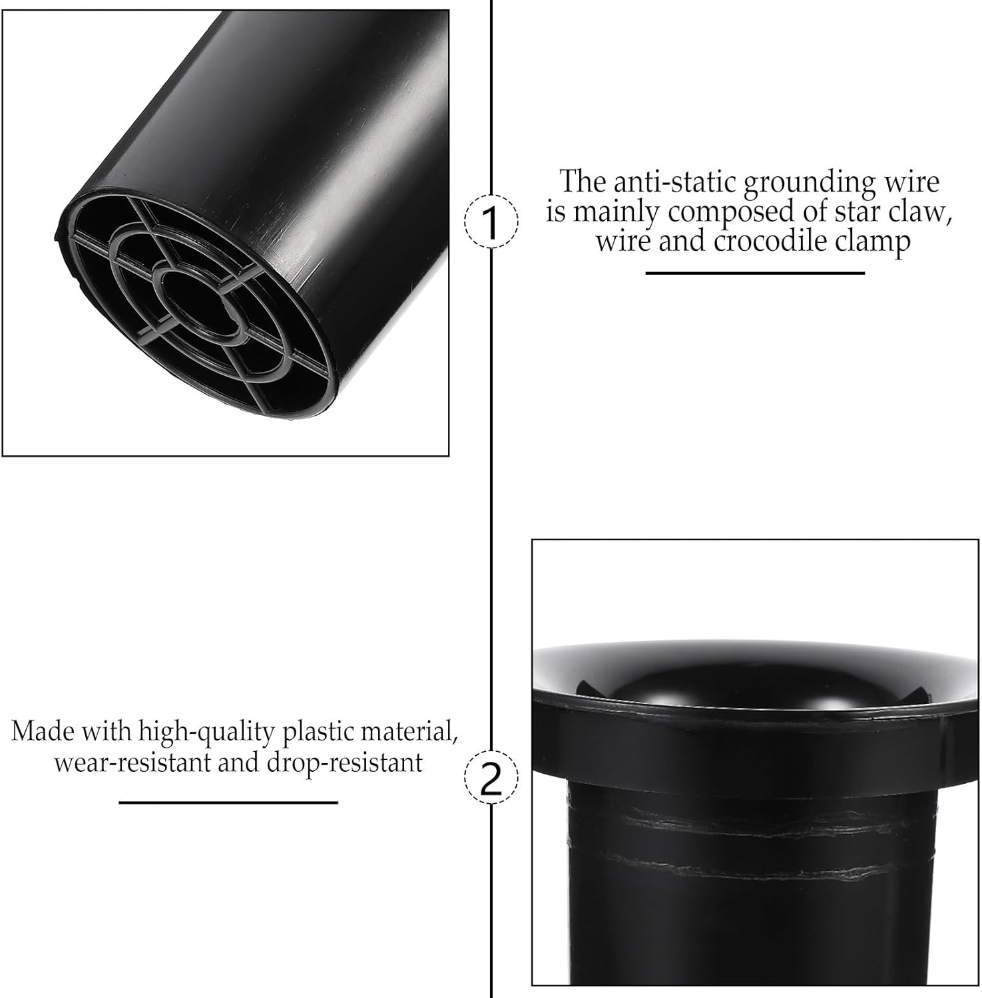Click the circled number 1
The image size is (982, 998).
click(x=490, y=223)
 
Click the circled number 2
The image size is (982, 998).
click(x=490, y=778)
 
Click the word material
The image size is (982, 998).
click(x=411, y=731)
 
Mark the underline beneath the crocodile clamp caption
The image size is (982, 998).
click(x=755, y=273)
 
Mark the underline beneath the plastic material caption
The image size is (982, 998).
click(x=228, y=802)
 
